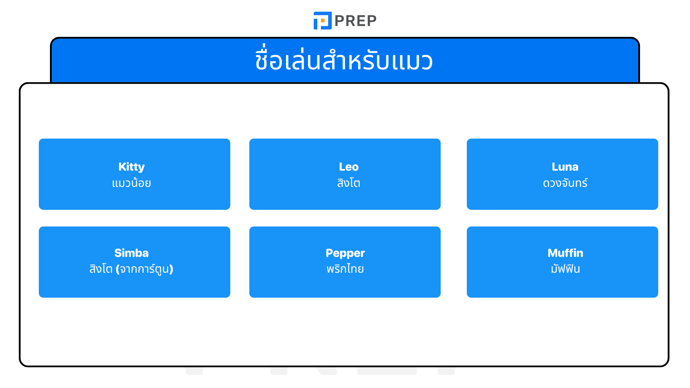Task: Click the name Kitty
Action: [132, 167]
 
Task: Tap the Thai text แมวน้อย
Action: [132, 183]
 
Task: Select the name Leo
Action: [349, 167]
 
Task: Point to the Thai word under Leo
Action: [349, 183]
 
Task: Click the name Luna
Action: [565, 167]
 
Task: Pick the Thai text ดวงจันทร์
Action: [565, 183]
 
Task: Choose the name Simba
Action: [132, 253]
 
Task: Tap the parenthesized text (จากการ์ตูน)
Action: [144, 269]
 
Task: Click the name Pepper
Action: [345, 253]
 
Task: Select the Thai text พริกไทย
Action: [345, 269]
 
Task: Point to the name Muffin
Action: [565, 253]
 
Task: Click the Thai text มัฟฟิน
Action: [565, 269]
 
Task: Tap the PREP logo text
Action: [355, 21]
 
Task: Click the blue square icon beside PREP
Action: [322, 20]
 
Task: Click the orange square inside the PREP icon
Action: [323, 20]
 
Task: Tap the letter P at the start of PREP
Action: [340, 21]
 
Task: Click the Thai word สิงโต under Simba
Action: [101, 269]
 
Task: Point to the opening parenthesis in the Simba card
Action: [118, 269]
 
